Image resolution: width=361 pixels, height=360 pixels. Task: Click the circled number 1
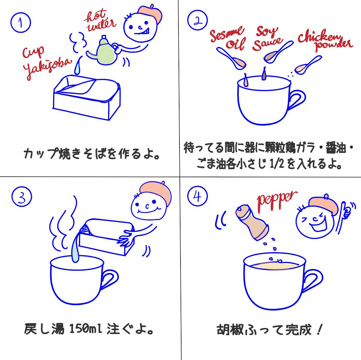pos(21,23)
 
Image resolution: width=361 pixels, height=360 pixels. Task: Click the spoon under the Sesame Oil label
pos(233,59)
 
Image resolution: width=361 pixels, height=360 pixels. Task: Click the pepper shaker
pos(252,223)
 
